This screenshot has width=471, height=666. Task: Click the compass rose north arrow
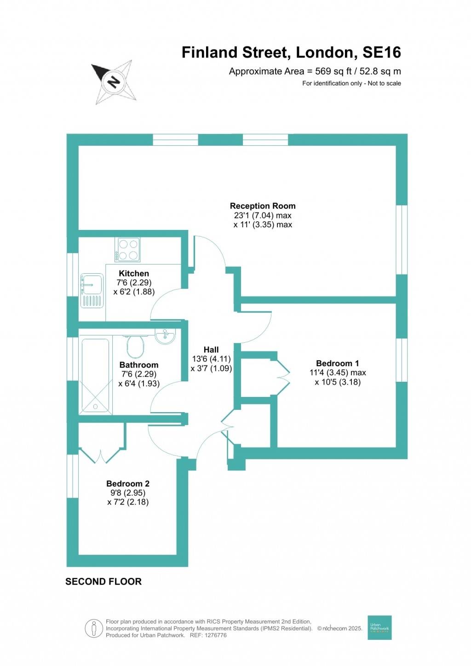pos(114,82)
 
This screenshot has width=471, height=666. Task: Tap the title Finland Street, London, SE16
pos(291,52)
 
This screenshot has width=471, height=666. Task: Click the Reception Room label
pos(263,206)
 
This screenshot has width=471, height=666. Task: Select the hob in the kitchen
pos(127,250)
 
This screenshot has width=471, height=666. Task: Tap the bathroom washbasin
pos(165,336)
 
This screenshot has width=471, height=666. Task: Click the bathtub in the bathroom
pos(96,375)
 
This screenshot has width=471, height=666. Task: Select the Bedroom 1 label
pos(337,363)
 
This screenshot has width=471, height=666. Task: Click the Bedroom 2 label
pos(128,483)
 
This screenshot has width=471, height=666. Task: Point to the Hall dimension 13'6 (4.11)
pos(211,359)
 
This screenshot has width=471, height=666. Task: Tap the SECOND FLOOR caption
pos(103,581)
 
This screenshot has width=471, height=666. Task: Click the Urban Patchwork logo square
pos(379,627)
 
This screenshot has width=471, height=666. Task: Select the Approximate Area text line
pos(315,71)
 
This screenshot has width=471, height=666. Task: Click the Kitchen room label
pos(134,273)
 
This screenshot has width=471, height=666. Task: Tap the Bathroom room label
pos(138,365)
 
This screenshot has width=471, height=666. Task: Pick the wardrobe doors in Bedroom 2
pos(101,455)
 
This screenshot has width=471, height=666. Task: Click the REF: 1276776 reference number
pos(208,635)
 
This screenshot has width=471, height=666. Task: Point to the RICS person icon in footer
pos(94,628)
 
